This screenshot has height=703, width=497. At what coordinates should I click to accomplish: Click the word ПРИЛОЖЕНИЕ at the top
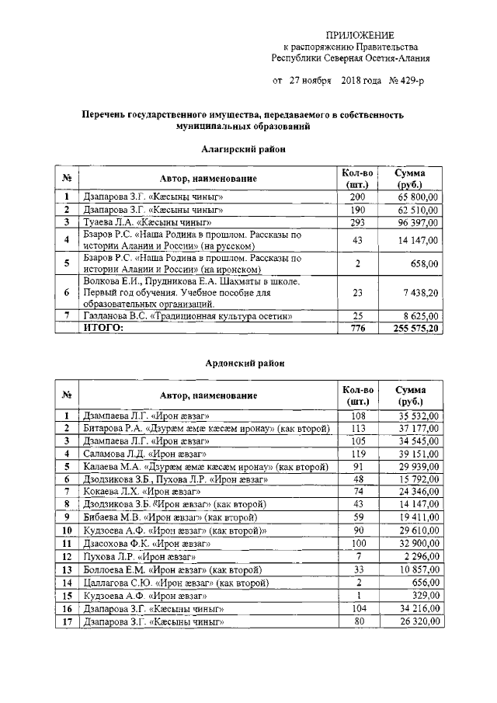(x=360, y=35)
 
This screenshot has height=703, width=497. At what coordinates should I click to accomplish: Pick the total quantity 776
(x=357, y=329)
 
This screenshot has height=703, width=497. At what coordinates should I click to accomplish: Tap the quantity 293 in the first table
(x=357, y=222)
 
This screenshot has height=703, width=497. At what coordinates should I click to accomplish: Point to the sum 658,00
(x=427, y=263)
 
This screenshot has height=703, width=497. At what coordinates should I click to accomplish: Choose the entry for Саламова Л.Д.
(x=144, y=454)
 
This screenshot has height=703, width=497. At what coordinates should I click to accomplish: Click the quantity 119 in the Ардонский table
(x=357, y=454)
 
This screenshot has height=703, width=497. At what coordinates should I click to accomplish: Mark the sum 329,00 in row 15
(x=427, y=597)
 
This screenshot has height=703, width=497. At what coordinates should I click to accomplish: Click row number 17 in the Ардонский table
(x=68, y=622)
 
